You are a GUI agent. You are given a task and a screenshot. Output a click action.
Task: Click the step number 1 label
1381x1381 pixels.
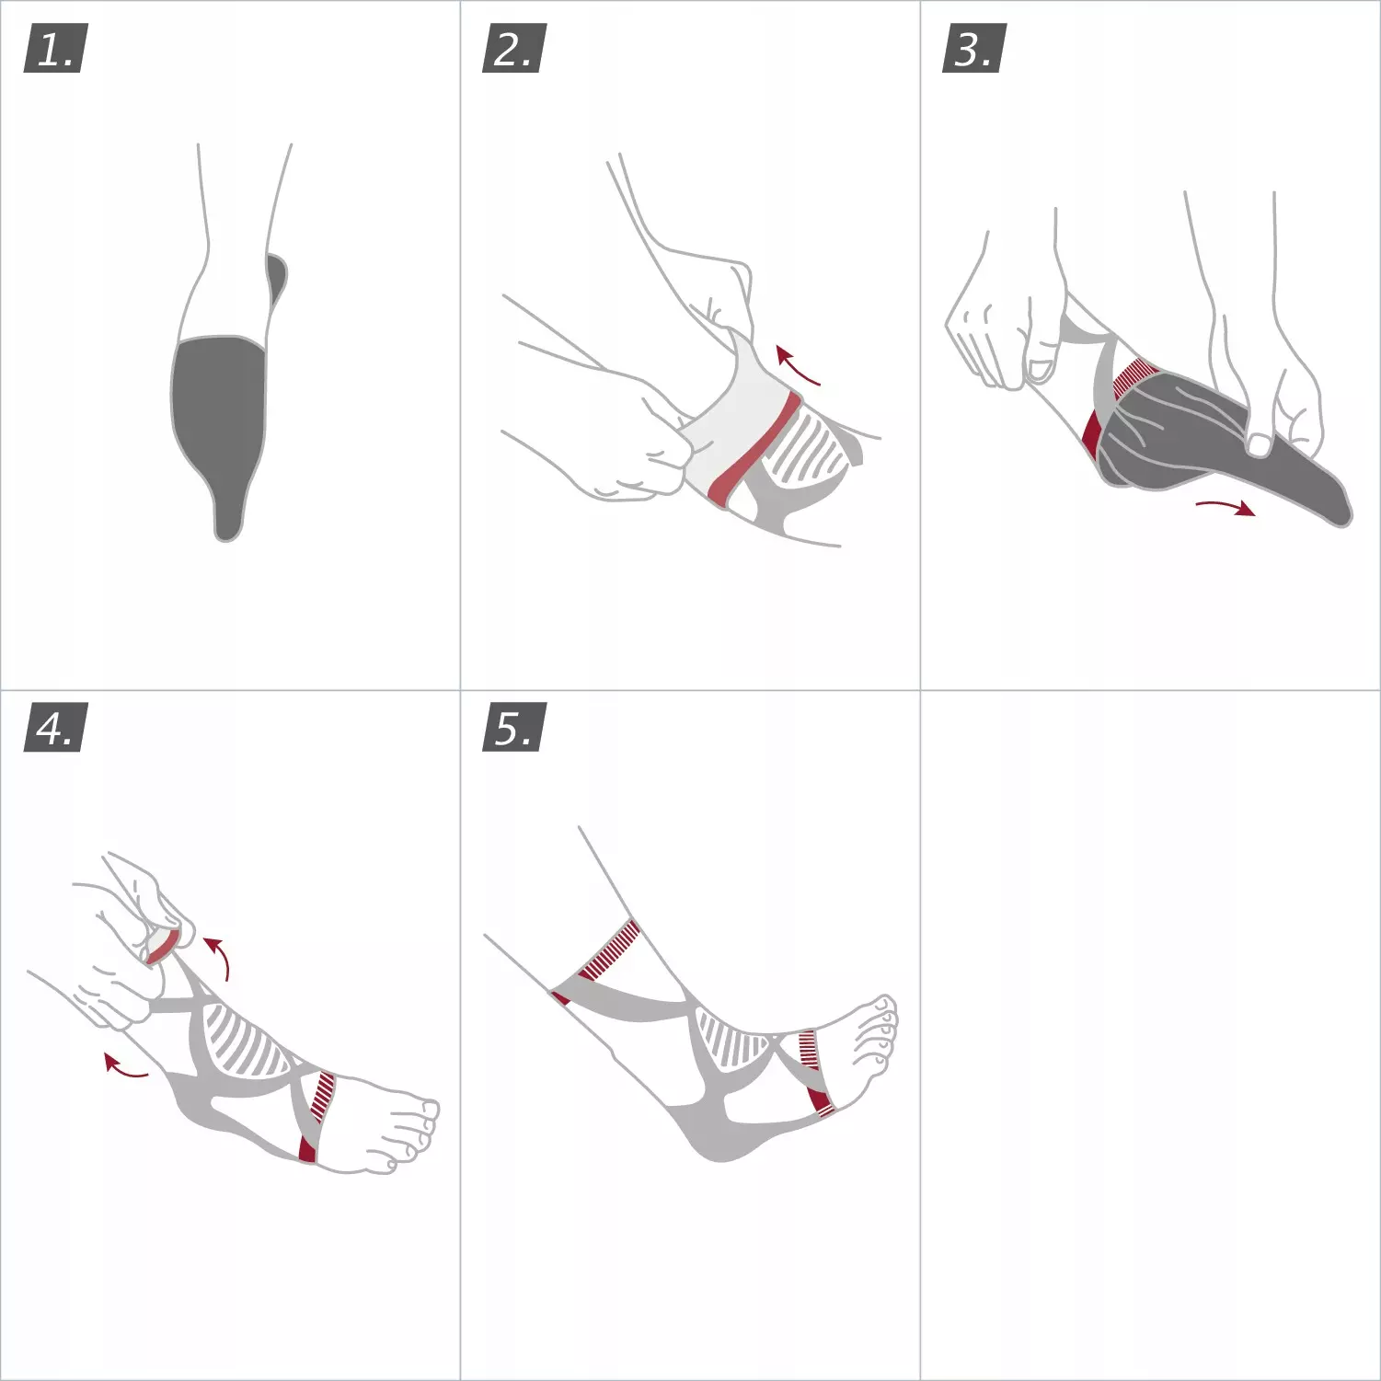click(x=54, y=50)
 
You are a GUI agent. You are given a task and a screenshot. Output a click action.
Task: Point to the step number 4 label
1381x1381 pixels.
click(x=54, y=728)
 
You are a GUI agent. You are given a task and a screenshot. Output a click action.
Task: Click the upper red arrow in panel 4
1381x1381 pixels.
click(x=221, y=956)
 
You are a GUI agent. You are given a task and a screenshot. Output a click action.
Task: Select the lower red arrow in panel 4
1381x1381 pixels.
click(x=123, y=1066)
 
